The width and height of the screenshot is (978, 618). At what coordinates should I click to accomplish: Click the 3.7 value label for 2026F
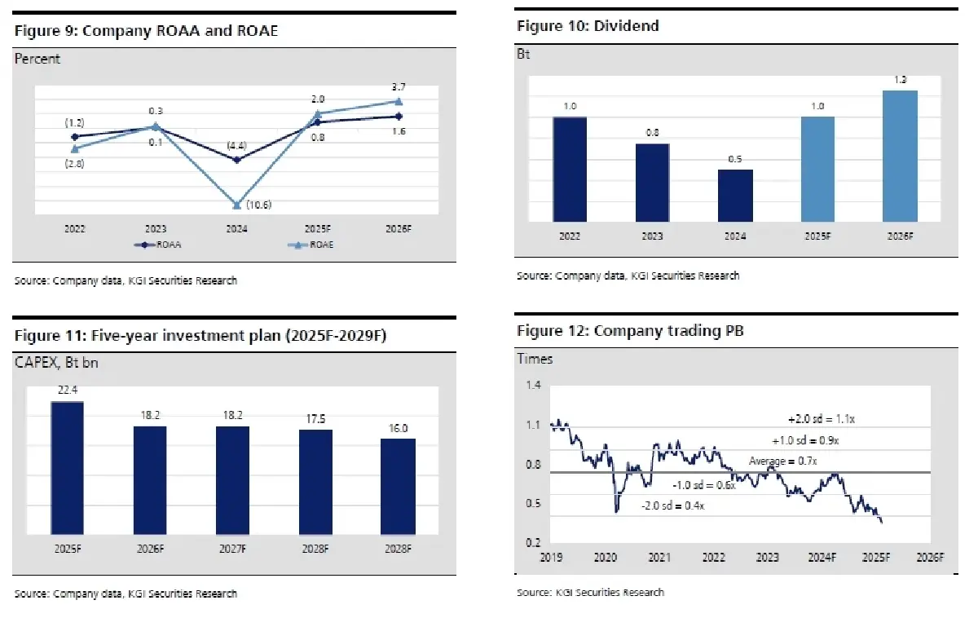click(399, 86)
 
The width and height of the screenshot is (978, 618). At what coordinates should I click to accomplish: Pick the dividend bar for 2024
click(735, 195)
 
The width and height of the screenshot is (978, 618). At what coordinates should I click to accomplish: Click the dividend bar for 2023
click(652, 182)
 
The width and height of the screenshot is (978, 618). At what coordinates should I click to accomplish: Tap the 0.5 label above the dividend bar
click(735, 159)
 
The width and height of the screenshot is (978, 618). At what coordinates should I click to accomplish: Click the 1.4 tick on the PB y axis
click(534, 386)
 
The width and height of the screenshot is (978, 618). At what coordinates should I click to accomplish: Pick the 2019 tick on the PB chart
click(552, 558)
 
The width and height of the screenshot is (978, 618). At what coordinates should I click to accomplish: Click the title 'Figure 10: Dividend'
click(588, 26)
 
